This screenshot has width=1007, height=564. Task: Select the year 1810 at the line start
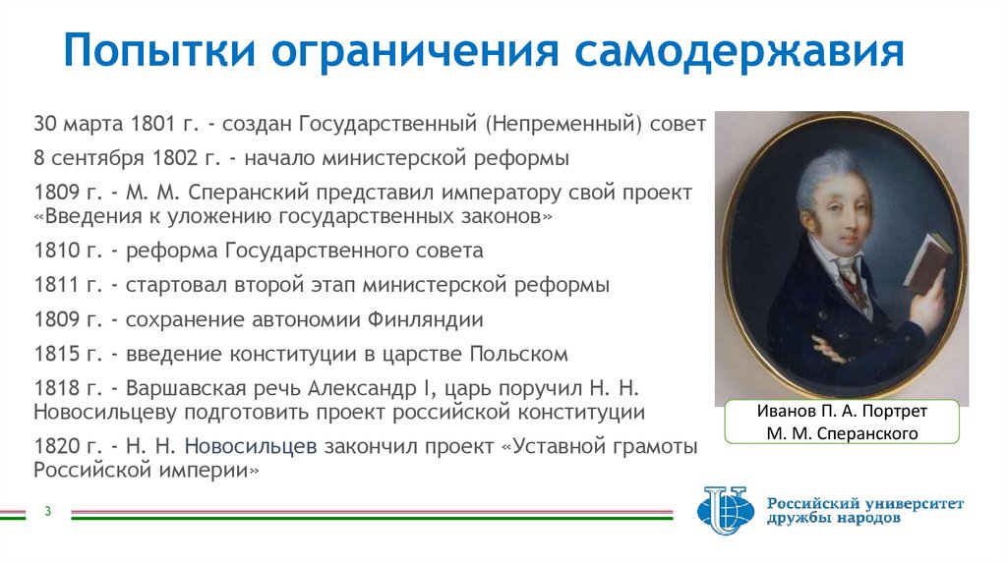point(56,251)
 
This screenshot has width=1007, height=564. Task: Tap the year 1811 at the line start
point(56,286)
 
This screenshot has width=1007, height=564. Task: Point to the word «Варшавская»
point(185,387)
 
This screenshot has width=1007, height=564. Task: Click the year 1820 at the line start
point(56,447)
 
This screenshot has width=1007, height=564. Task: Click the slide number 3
point(46,510)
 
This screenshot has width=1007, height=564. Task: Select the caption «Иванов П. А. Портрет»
point(842,412)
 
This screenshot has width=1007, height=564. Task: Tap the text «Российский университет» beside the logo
point(865,503)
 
